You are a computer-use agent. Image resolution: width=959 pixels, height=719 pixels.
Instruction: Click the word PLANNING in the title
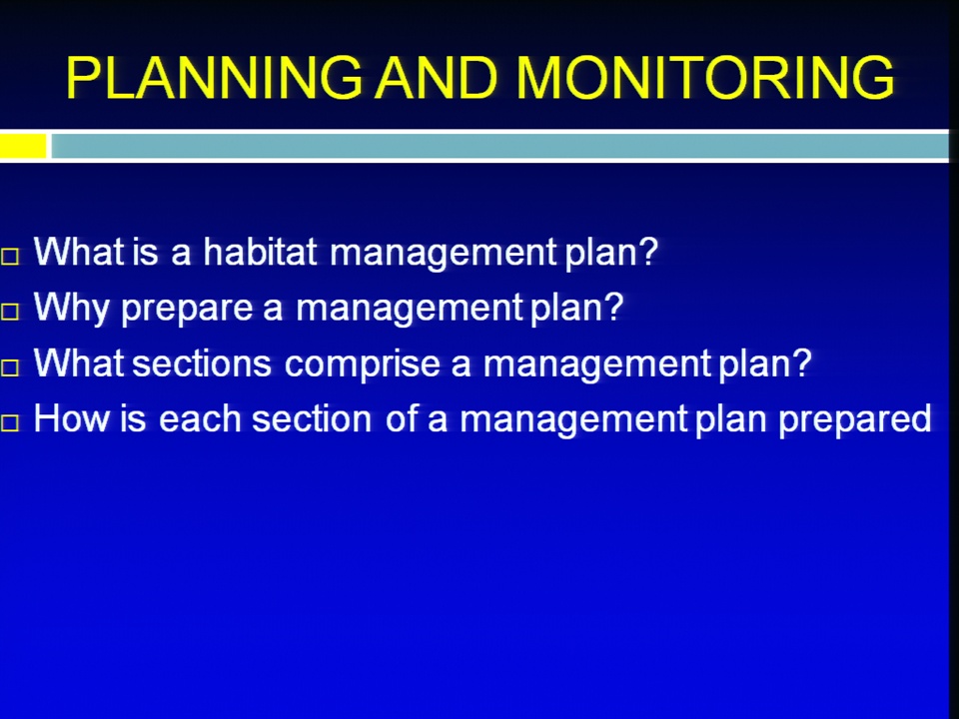(x=214, y=78)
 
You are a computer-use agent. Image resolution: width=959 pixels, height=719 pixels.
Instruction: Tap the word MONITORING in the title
(x=705, y=78)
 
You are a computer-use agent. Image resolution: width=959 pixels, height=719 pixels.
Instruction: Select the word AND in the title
(x=437, y=78)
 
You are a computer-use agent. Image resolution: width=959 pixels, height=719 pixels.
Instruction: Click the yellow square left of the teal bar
(x=23, y=147)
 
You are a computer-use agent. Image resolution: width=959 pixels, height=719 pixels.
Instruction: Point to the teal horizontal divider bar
(x=499, y=147)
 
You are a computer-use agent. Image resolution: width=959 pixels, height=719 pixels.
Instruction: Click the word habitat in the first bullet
(x=260, y=252)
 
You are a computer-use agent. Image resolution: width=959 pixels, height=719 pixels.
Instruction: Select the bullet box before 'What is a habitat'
(x=10, y=257)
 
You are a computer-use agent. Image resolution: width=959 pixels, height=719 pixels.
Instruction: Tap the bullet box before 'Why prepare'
(x=10, y=312)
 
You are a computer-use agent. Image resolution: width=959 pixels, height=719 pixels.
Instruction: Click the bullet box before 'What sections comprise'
(x=10, y=367)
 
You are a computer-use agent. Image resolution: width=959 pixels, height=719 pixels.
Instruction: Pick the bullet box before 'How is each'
(x=10, y=422)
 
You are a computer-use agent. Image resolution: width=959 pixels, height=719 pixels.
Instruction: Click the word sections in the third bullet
(x=202, y=363)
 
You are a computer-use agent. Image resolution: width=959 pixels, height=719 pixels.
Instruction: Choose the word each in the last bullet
(x=200, y=418)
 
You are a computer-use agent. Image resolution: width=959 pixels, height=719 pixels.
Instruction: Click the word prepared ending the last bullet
(x=855, y=421)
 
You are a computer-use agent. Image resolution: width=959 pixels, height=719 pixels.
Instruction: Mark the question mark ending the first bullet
(x=647, y=252)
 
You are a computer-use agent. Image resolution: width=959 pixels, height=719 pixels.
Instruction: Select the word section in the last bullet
(x=312, y=418)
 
